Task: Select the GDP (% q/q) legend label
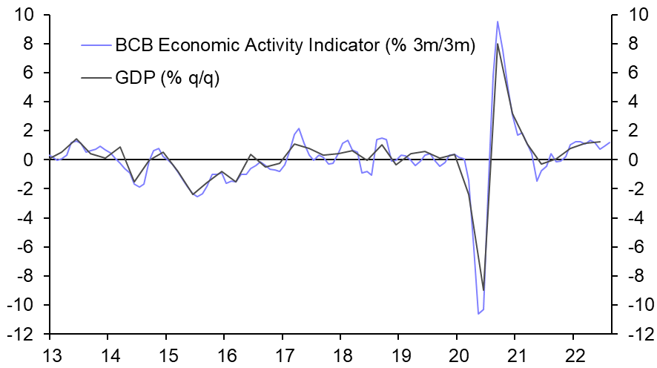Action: click(x=168, y=76)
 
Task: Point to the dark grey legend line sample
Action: click(x=94, y=76)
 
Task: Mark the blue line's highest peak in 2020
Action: click(x=497, y=22)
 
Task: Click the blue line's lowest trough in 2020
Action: click(x=478, y=314)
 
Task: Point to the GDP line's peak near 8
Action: click(x=497, y=44)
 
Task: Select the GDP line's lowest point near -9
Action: click(x=483, y=290)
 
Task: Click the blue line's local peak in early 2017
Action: click(x=299, y=128)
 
